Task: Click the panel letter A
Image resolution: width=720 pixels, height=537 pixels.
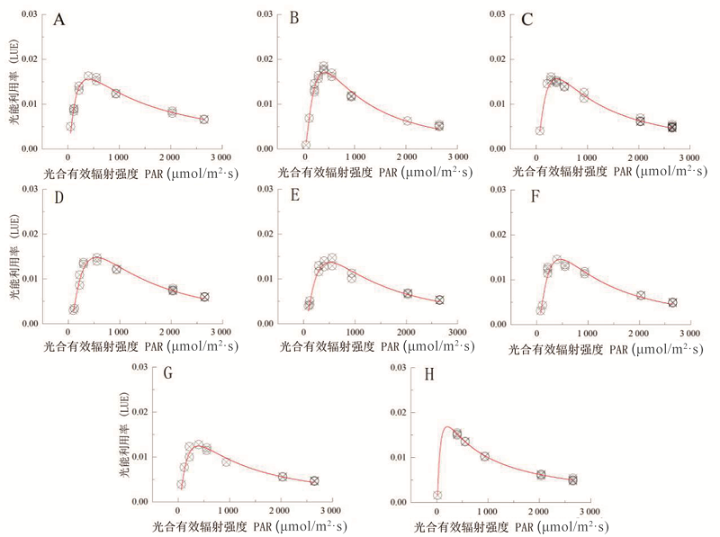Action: (59, 20)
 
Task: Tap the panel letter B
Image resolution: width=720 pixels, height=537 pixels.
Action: (293, 19)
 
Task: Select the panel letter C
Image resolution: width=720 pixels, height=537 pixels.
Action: (527, 19)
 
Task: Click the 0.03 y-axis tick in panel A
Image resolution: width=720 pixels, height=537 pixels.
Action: (30, 15)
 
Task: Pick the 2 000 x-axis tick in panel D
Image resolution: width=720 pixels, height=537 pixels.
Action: (168, 334)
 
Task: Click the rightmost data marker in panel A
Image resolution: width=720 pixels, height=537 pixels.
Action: (204, 120)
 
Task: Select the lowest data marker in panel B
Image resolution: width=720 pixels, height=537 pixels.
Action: (306, 145)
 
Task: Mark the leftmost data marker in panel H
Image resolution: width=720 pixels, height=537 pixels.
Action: (437, 495)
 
